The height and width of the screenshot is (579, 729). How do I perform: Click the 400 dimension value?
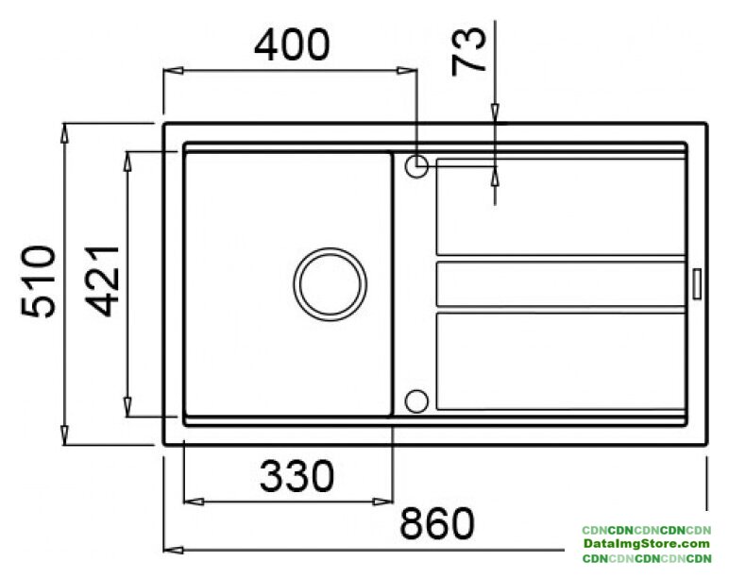pyautogui.click(x=292, y=45)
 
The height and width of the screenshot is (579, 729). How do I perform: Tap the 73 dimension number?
pyautogui.click(x=468, y=51)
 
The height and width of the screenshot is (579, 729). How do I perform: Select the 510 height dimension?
pyautogui.click(x=39, y=281)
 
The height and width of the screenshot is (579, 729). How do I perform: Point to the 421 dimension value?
pyautogui.click(x=103, y=281)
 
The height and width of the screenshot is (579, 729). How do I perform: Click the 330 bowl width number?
pyautogui.click(x=297, y=476)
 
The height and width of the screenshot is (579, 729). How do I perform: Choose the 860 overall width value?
pyautogui.click(x=437, y=522)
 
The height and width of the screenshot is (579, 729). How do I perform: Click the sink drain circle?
pyautogui.click(x=331, y=284)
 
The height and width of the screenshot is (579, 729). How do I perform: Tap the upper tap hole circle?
pyautogui.click(x=416, y=166)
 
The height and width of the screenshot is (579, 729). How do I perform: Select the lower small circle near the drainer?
pyautogui.click(x=416, y=400)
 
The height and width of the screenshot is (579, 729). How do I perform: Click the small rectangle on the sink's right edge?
pyautogui.click(x=697, y=283)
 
